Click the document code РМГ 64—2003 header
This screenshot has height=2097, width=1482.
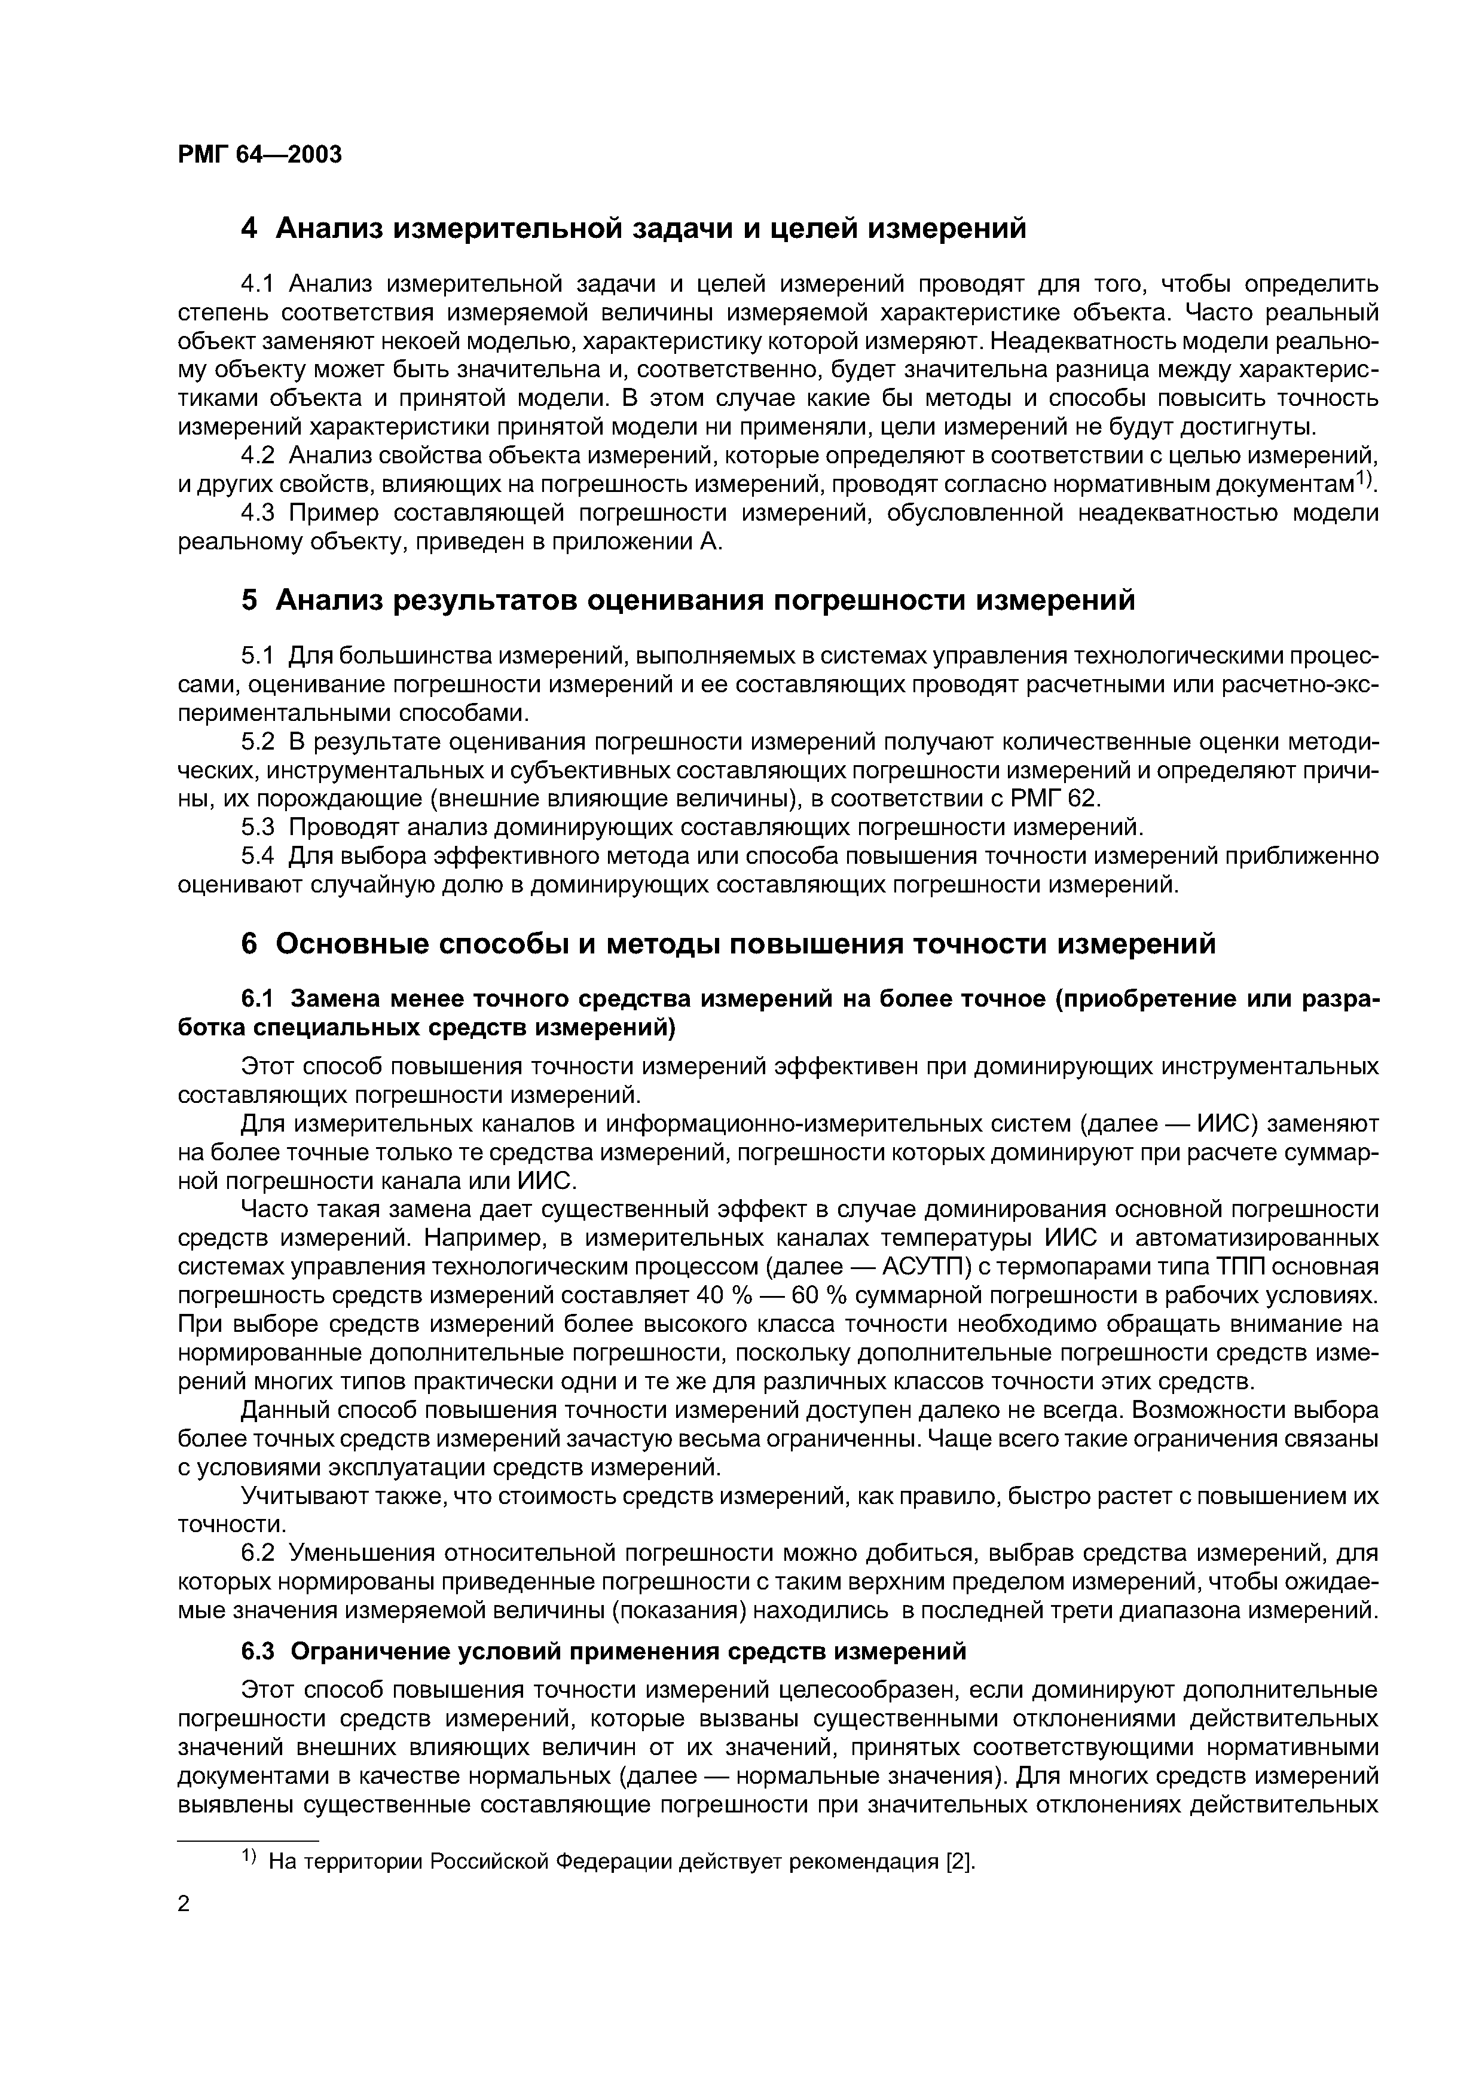pos(260,154)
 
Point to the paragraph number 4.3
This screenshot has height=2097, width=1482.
pos(259,513)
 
